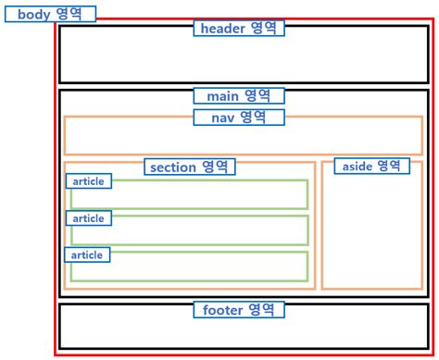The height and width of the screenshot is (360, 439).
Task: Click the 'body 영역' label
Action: tap(51, 14)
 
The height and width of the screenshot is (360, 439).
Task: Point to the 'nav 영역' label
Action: tap(239, 117)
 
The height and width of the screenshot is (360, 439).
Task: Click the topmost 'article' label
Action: tap(89, 181)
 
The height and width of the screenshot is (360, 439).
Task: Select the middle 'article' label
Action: tap(89, 218)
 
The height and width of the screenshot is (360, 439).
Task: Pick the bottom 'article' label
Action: tap(88, 254)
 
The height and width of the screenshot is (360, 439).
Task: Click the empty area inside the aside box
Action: tap(371, 231)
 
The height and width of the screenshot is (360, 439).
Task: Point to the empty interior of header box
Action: tap(243, 60)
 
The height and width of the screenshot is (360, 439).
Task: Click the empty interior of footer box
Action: tap(243, 331)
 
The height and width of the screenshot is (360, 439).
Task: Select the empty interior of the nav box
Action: tap(243, 139)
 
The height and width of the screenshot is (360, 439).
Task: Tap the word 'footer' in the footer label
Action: tap(222, 309)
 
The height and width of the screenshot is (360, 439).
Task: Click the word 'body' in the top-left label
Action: tap(33, 14)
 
